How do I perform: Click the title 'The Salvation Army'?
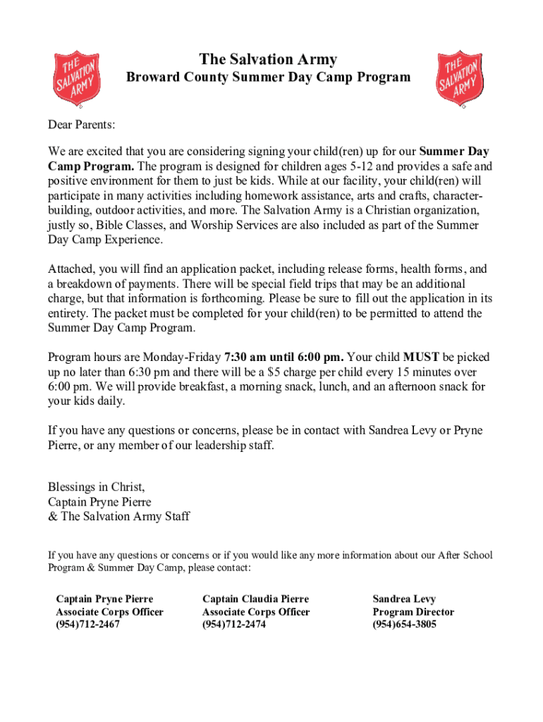268,59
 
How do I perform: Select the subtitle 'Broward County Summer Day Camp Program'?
268,78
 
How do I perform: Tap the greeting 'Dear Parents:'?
81,125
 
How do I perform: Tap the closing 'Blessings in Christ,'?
97,487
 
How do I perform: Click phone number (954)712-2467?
87,624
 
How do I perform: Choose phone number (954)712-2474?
233,624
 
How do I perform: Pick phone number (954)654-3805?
404,624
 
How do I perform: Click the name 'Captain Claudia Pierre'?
255,599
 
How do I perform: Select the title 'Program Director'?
413,611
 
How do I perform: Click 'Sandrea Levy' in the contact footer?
404,599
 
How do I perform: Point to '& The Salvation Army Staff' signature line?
118,517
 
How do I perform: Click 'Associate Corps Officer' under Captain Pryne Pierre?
109,611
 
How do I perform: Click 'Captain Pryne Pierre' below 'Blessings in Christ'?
99,502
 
